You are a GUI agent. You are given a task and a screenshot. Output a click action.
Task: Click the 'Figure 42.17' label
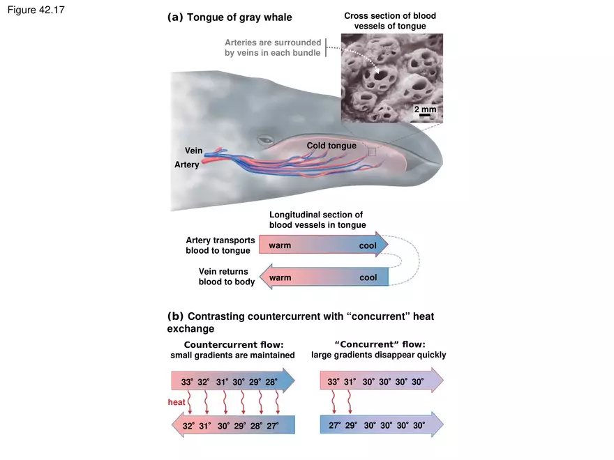[36, 11]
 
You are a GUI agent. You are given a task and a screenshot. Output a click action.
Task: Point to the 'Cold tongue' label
[331, 146]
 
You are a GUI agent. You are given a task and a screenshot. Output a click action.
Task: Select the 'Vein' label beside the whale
[193, 151]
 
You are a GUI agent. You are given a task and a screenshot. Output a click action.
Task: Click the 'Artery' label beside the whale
[186, 164]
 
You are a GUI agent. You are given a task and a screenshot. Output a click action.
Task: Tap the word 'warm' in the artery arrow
[280, 245]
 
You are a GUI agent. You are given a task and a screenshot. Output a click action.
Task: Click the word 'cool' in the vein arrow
[368, 277]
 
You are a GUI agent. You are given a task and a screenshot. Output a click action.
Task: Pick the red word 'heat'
[177, 402]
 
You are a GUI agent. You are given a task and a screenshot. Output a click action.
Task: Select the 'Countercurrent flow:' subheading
[233, 344]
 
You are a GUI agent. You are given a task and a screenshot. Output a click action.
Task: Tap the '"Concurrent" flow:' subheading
[380, 344]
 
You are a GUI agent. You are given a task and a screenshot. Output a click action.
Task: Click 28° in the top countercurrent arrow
[271, 382]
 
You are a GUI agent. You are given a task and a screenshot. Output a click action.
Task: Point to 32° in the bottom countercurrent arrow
[188, 425]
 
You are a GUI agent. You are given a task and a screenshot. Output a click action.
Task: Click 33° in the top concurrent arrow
[334, 382]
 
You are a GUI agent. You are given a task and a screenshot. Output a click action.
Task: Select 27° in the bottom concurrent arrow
[334, 425]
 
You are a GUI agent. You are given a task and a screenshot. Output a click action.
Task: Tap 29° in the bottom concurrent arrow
[350, 425]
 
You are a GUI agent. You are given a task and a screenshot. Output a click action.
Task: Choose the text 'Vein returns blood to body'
[226, 277]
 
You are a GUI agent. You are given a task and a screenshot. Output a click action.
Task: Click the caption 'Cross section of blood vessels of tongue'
[389, 21]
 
